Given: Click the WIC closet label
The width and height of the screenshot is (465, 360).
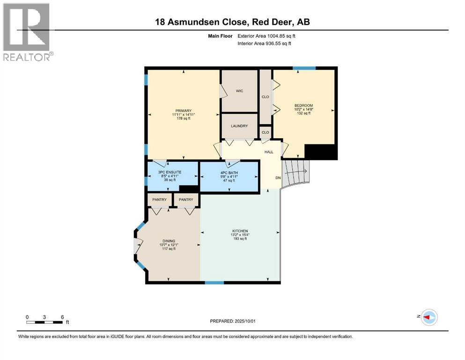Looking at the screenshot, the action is [239, 91].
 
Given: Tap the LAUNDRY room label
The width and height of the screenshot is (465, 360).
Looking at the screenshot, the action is [239, 126].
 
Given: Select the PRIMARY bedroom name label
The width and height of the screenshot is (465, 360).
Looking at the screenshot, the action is [183, 111].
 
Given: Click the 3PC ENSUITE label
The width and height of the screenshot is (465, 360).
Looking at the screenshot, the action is [170, 172].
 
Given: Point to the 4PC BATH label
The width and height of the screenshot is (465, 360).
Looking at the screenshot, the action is [229, 172].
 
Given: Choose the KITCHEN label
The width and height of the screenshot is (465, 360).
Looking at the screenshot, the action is [240, 231].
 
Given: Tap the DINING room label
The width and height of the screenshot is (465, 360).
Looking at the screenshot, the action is [169, 241].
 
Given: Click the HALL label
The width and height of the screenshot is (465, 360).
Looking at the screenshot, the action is [269, 152].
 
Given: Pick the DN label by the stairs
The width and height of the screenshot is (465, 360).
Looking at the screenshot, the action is [278, 178].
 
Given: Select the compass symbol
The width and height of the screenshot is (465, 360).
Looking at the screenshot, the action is [429, 317].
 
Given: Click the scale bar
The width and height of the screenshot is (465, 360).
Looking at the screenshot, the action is [44, 322].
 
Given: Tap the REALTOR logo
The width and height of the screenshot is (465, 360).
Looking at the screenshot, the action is [28, 32].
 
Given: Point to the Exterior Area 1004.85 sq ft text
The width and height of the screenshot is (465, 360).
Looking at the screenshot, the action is [266, 36].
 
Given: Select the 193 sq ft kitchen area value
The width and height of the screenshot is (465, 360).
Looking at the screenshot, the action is [240, 239].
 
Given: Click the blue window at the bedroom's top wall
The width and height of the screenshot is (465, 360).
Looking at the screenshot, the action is [304, 68].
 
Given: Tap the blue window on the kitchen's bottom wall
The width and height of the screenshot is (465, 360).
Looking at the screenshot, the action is [214, 283].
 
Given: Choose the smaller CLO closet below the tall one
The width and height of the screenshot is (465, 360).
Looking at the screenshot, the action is [266, 132].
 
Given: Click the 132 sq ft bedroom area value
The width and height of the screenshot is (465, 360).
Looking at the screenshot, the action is [303, 113].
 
